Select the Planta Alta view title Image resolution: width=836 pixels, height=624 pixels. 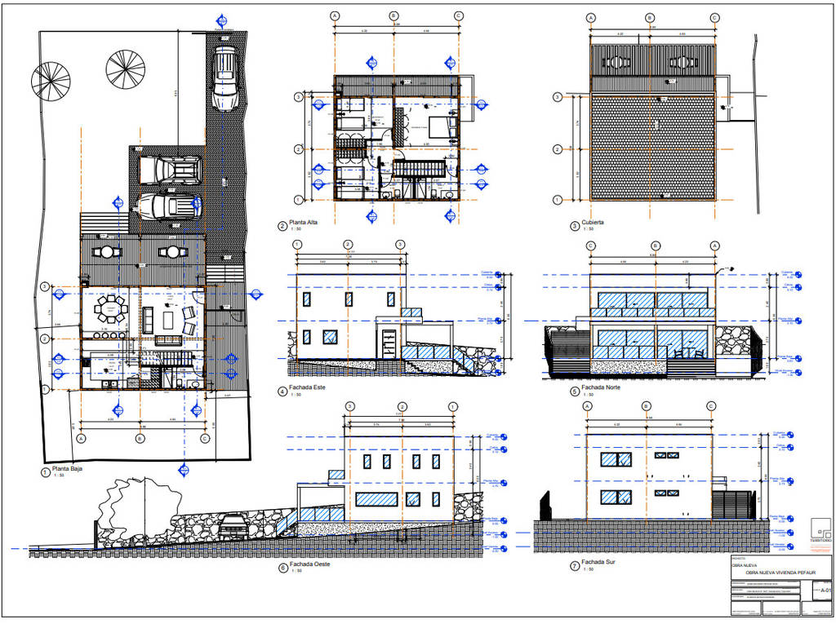pos(306,226)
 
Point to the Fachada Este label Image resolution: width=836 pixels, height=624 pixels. pos(308,387)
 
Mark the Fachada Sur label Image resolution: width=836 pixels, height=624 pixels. pos(598,562)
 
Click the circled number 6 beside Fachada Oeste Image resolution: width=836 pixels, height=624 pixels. pos(282,565)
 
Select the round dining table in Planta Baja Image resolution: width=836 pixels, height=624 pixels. pos(108,309)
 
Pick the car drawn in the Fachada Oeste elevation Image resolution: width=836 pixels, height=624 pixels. pos(233,526)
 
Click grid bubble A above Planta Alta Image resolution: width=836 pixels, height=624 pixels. pos(335,15)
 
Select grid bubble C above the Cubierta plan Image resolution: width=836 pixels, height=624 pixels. pos(714,17)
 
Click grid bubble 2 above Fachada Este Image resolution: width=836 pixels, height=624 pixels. pos(348,245)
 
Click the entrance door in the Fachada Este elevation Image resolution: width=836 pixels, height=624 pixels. pos(389,342)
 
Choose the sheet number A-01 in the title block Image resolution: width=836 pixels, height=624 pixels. pos(825,590)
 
